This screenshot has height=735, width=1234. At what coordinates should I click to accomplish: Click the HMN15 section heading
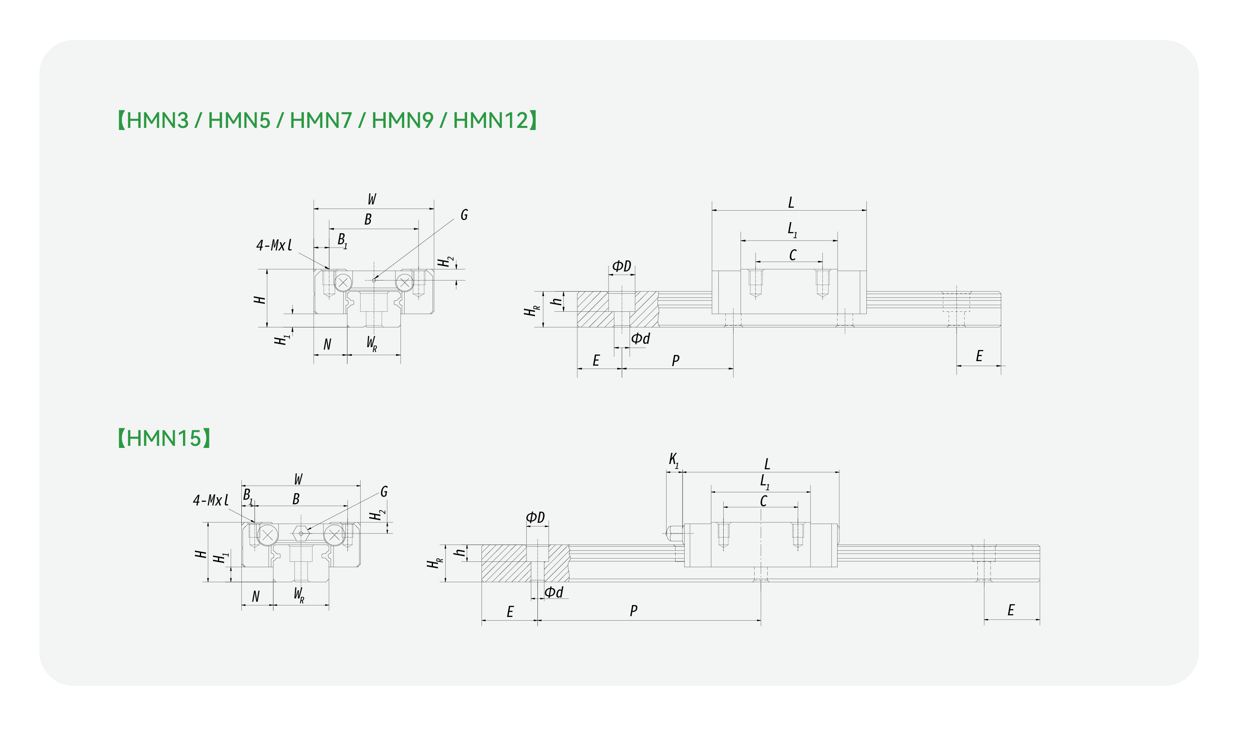point(164,438)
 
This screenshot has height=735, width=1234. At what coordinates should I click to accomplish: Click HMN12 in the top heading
point(491,121)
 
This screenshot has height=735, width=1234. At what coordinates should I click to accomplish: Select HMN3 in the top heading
point(157,121)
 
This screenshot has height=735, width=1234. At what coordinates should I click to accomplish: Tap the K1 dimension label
point(674,461)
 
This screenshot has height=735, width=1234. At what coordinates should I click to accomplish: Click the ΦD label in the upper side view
point(621,266)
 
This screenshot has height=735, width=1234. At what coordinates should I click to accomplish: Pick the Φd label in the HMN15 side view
point(553,592)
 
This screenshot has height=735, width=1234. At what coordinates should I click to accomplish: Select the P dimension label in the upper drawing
point(676,361)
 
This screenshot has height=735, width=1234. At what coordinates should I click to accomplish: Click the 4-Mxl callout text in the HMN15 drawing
point(211,500)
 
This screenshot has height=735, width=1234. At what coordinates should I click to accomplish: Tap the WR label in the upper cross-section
point(372,343)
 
